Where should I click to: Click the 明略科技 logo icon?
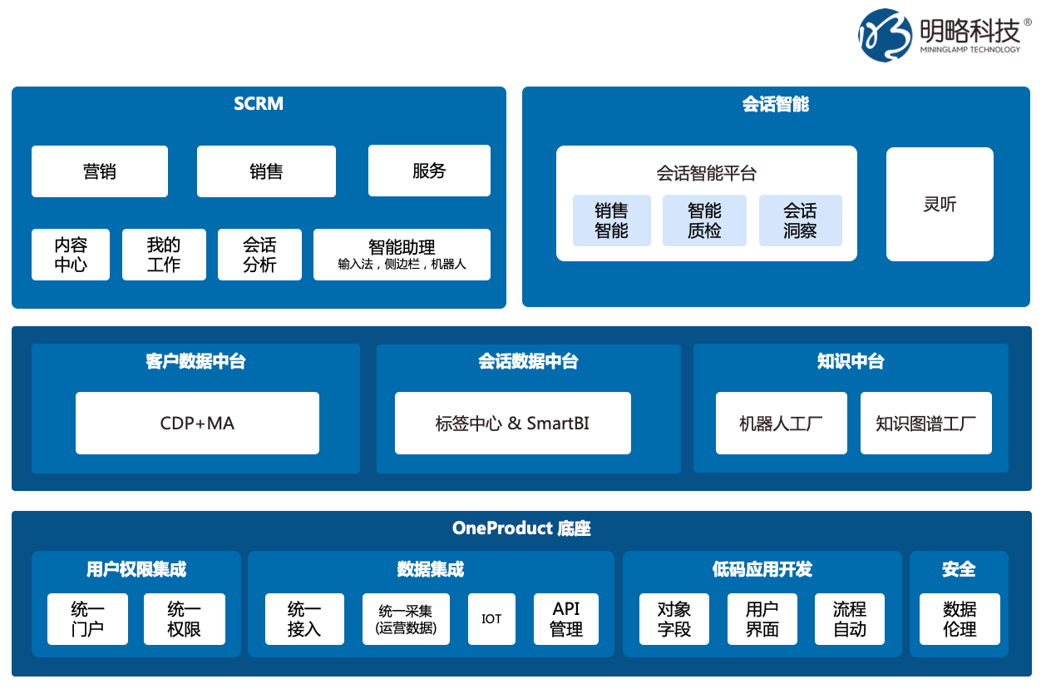tap(885, 35)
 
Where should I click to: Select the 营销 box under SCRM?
tap(100, 171)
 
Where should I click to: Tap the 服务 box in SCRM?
tap(429, 171)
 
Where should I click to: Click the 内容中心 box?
tap(71, 255)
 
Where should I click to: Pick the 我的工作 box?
tap(164, 255)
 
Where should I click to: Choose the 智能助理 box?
tap(402, 255)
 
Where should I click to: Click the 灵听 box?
tap(940, 205)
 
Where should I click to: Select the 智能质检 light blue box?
tap(704, 221)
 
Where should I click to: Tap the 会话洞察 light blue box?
tap(800, 221)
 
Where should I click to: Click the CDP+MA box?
tap(197, 423)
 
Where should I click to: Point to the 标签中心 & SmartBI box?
tap(512, 423)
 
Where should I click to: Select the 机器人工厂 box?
tap(781, 423)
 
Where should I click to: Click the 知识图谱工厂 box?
tap(925, 423)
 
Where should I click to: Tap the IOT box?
tap(491, 618)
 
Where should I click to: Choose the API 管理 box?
tap(566, 618)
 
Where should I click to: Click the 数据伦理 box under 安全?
tap(960, 618)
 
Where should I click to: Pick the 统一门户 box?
tap(87, 618)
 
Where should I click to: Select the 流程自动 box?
tap(850, 618)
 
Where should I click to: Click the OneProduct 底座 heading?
tap(521, 528)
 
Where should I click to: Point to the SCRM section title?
tap(259, 104)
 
